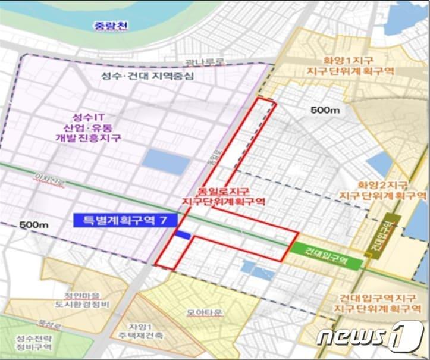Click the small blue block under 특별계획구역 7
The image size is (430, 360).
pos(182,236)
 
